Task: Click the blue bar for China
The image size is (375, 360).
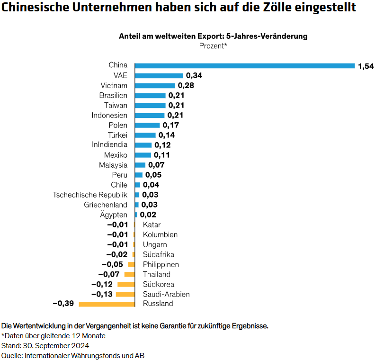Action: (245, 65)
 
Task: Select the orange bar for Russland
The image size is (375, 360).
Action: (107, 304)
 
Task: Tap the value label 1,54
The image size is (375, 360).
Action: (366, 66)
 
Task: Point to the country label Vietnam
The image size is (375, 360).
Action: (114, 85)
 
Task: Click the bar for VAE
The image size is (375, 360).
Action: (159, 75)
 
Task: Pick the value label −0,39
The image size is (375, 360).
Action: (63, 304)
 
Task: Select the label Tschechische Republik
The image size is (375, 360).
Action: (90, 195)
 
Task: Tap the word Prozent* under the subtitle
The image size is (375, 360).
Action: (213, 46)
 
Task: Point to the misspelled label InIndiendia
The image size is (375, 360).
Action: (109, 145)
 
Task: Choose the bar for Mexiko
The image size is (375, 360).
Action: (143, 155)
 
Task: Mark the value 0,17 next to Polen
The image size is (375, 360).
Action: (171, 125)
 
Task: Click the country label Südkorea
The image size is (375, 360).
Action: (158, 284)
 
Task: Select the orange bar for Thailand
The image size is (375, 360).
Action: (129, 274)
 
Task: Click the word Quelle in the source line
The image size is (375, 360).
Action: (11, 355)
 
